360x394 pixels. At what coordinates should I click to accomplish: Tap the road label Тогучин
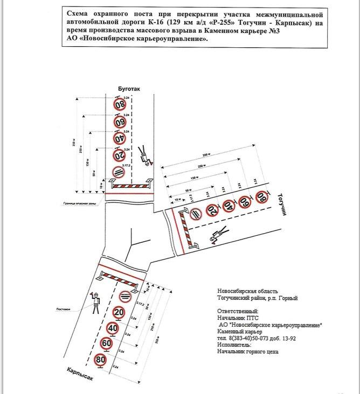[282, 205]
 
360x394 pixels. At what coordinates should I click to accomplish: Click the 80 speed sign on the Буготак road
[119, 104]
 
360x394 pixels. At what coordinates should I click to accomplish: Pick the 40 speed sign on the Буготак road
[119, 138]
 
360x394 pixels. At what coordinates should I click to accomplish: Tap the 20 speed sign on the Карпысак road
[120, 312]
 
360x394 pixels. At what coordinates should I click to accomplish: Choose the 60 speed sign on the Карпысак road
[107, 343]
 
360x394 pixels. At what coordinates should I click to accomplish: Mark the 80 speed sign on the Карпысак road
[100, 359]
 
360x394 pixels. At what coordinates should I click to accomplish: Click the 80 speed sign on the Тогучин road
[261, 198]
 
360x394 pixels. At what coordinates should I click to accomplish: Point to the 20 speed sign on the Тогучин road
[212, 210]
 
